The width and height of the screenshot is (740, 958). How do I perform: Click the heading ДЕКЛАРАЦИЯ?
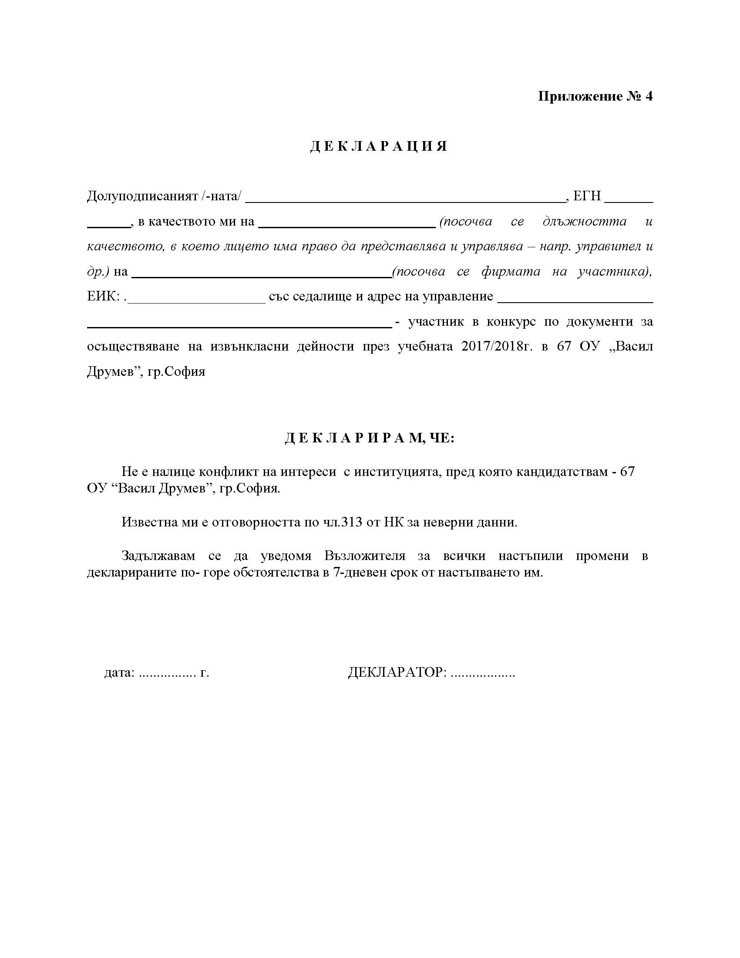379,146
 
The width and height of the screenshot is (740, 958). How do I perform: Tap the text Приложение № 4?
595,96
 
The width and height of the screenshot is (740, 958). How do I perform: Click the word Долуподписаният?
142,196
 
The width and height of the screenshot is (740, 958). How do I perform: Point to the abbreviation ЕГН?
587,196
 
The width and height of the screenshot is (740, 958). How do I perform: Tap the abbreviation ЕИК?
104,296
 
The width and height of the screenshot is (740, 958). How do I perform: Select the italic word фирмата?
510,272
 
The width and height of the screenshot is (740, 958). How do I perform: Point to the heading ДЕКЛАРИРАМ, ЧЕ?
370,438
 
